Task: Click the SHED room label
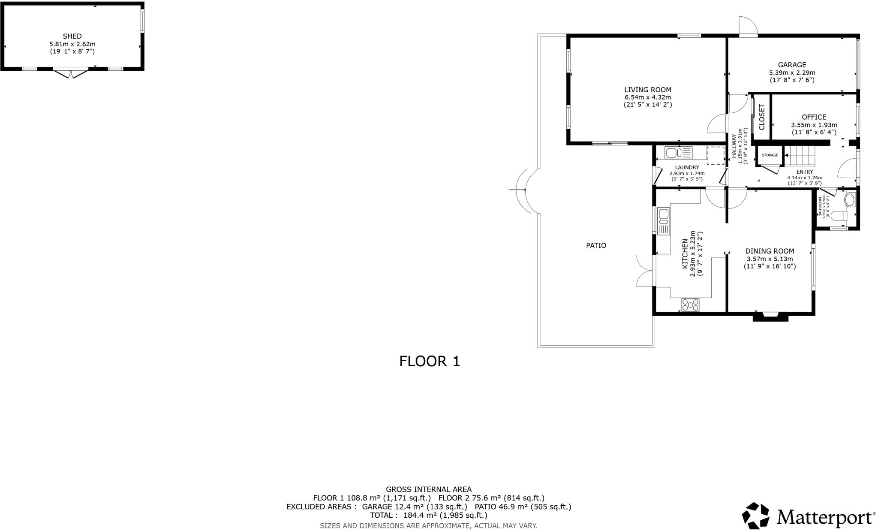(x=72, y=36)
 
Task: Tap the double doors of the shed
(x=71, y=73)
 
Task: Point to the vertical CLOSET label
(x=762, y=117)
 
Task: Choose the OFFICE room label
(x=814, y=117)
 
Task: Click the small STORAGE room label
(x=770, y=155)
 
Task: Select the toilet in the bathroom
(x=838, y=216)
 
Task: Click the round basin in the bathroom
(x=849, y=200)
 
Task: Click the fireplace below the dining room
(x=770, y=317)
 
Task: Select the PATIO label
(x=596, y=246)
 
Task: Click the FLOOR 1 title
(x=429, y=361)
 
